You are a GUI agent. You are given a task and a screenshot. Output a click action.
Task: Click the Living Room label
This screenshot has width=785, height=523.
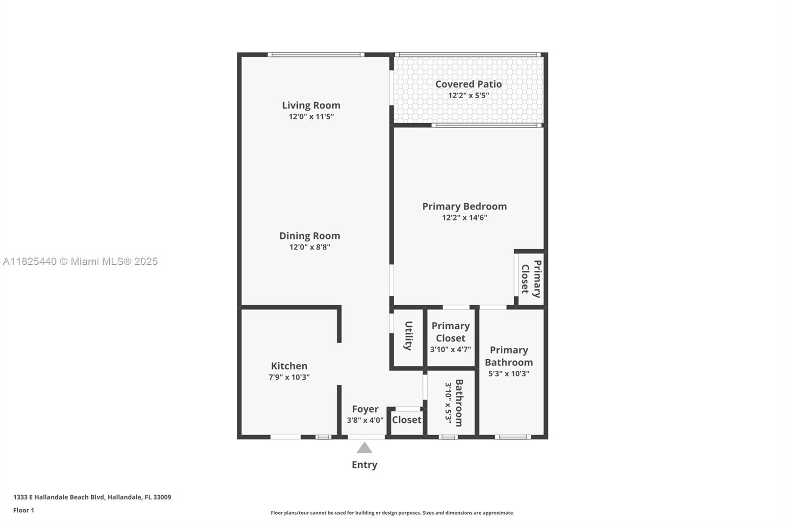[x=311, y=105]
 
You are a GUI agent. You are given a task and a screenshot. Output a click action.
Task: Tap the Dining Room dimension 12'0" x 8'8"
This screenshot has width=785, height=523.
[x=310, y=247]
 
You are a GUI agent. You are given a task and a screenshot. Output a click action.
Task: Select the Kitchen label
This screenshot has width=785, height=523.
[x=289, y=366]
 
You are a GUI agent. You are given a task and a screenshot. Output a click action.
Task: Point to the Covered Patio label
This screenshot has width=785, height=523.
[x=469, y=84]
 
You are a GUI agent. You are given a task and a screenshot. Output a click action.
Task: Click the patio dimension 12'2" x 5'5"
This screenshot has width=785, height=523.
[x=469, y=95]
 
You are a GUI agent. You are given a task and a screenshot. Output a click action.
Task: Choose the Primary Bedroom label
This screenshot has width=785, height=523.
[x=465, y=207]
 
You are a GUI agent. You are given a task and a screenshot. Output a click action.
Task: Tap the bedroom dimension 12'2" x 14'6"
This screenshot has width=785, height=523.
[x=465, y=218]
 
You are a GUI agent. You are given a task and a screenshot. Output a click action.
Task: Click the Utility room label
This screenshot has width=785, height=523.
[x=408, y=336]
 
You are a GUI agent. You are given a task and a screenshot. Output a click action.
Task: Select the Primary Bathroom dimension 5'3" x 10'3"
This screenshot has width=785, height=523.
[x=509, y=374]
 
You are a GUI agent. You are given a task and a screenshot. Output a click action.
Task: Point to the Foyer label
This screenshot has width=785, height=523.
[x=365, y=409]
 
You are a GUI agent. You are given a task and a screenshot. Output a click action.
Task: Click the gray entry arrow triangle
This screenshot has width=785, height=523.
[x=365, y=448]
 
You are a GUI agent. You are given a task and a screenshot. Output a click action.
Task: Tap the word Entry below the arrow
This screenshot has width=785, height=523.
[x=365, y=465]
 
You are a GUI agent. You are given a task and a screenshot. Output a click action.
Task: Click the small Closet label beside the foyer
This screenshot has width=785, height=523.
[x=407, y=420]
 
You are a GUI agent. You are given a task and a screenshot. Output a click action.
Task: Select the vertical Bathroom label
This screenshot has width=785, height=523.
[x=459, y=403]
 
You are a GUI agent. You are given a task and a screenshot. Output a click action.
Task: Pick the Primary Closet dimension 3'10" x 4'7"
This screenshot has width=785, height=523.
[x=451, y=349]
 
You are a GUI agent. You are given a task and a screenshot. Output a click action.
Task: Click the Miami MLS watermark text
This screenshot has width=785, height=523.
[x=80, y=261]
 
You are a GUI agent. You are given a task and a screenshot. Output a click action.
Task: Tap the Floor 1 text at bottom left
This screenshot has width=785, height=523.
[x=24, y=510]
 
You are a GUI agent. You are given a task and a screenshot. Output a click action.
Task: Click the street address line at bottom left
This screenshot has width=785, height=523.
[x=92, y=497]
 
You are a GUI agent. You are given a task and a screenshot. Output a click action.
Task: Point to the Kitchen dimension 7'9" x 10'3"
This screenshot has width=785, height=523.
[x=289, y=377]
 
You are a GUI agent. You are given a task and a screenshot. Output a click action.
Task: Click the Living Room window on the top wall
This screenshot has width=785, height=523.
[x=316, y=54]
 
